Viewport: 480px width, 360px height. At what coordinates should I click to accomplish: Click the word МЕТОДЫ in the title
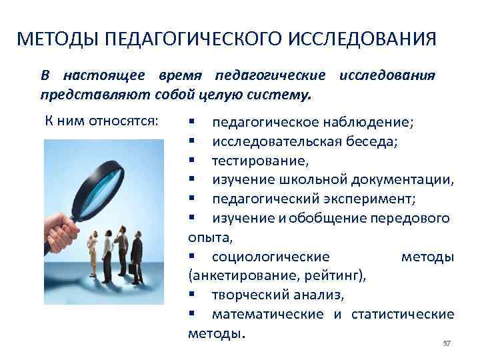tap(55, 38)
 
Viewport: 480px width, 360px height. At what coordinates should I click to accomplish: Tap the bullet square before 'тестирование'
tap(191, 161)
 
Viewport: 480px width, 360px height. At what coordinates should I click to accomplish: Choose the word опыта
tap(207, 237)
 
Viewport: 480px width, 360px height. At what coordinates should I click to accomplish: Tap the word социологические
tap(270, 257)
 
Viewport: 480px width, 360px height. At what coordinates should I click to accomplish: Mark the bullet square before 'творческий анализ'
tap(191, 295)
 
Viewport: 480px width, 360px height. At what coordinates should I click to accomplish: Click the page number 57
tap(447, 343)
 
